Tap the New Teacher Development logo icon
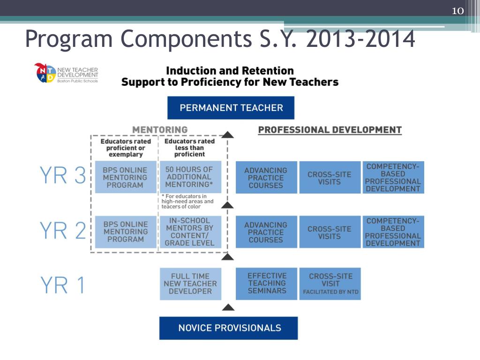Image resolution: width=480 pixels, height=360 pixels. coord(45,73)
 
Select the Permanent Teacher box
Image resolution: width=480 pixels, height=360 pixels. coord(231,108)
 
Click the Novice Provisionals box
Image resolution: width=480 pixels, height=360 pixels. coord(229,328)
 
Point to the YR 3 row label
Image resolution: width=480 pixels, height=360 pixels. coord(63,176)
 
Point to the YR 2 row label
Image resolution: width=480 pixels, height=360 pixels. coord(63,231)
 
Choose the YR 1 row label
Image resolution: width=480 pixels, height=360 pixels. coord(63,285)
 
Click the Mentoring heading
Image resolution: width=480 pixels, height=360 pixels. coord(160,129)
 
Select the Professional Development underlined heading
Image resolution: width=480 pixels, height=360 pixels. coord(330,130)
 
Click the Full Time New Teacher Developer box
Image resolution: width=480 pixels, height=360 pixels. coord(190,284)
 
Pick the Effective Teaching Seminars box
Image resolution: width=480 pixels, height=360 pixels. coord(267,284)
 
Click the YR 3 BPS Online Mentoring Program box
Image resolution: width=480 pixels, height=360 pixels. coord(125,177)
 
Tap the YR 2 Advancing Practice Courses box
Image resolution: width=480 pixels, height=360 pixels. coord(266,232)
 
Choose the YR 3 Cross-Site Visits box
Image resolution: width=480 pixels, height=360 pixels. coord(330,178)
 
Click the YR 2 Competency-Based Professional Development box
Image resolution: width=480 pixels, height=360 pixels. coord(393,232)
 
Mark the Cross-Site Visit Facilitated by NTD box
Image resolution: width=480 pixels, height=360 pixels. coord(330,284)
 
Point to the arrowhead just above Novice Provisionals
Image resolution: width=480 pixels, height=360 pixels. coord(228,307)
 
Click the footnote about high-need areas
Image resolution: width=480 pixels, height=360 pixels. coord(187,201)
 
